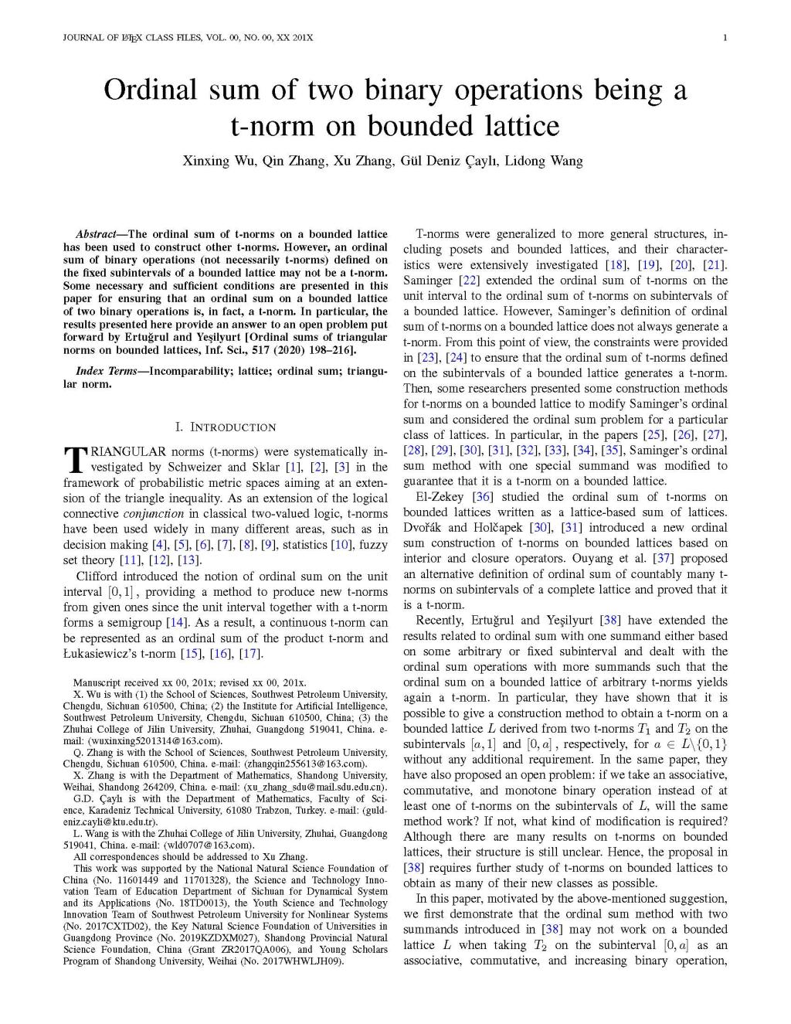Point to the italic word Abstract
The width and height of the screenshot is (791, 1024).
tap(94, 233)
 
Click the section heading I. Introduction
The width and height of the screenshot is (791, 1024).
tap(225, 427)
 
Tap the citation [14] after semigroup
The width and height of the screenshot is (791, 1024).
tap(177, 623)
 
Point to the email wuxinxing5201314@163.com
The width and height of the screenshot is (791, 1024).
tap(150, 740)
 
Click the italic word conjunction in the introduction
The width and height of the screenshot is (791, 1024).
tap(154, 514)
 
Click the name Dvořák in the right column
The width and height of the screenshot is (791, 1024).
tap(423, 528)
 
